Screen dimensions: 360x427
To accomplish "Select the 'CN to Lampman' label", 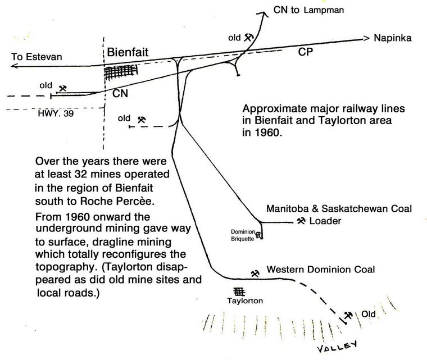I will coord(307,10).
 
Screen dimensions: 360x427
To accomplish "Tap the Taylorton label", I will coord(245,301).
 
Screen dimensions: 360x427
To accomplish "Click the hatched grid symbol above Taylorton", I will coord(239,291).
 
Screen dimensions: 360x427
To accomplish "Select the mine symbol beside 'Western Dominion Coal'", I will coord(256,274).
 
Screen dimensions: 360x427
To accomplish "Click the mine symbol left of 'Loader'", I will coord(301,221).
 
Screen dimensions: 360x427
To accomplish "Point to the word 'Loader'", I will coord(326,221).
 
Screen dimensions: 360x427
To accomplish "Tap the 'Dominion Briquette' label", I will coord(244,234).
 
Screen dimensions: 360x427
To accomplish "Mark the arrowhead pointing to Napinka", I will coord(366,39).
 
